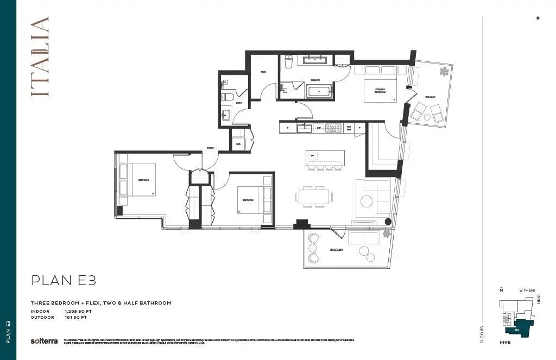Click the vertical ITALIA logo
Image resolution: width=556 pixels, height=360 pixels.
(x=40, y=56)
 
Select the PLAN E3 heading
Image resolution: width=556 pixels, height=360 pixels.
(x=64, y=280)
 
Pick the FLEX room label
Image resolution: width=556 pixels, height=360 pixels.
(x=263, y=72)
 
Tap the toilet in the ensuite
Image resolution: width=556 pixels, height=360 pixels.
(x=289, y=61)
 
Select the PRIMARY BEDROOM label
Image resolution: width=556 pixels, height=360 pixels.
(x=380, y=91)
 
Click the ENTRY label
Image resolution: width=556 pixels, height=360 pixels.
(x=210, y=147)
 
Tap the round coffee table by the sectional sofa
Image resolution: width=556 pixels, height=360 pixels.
(x=367, y=201)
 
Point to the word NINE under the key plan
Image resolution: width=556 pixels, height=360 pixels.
(x=506, y=343)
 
